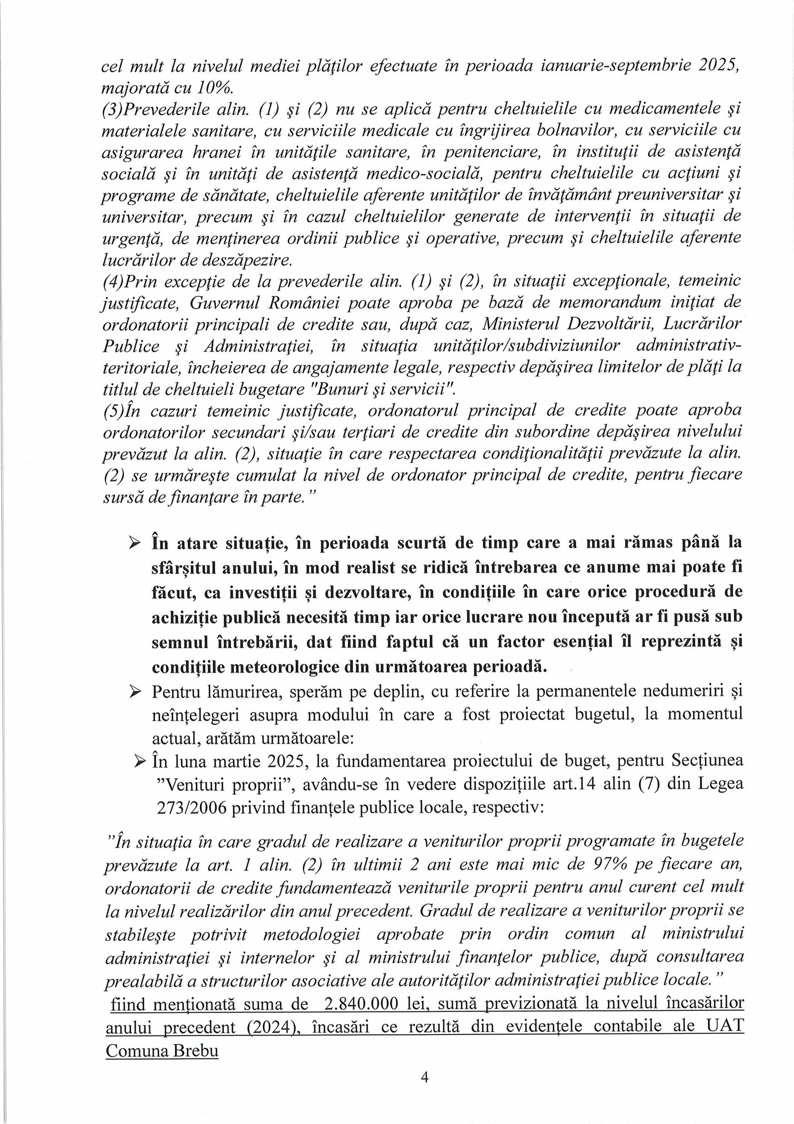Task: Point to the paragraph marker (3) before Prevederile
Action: (x=112, y=109)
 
